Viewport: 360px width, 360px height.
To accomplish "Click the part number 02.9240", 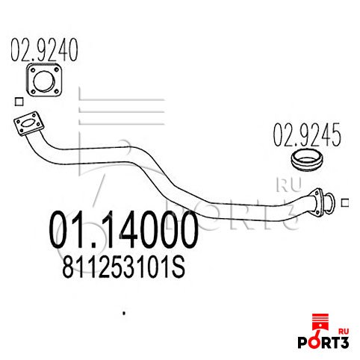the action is click(x=44, y=50).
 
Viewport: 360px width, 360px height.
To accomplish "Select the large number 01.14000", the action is click(x=124, y=229).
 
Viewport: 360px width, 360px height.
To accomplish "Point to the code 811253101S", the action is click(x=123, y=267).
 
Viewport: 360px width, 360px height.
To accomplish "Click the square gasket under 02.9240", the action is click(x=44, y=80).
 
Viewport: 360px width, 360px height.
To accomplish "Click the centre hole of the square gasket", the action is click(x=44, y=80).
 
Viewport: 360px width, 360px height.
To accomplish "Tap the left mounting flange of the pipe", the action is click(x=29, y=123).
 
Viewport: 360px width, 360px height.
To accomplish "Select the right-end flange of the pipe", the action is click(x=317, y=202).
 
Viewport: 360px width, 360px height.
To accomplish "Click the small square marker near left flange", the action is click(x=19, y=102).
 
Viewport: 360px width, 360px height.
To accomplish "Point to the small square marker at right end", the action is click(x=345, y=203).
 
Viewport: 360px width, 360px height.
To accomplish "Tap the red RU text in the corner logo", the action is click(x=344, y=331).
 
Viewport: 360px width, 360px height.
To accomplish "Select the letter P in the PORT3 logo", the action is click(x=303, y=342).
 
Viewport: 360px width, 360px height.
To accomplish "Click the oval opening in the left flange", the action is click(x=29, y=123).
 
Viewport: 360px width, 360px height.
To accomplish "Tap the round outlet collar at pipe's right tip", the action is click(x=329, y=203).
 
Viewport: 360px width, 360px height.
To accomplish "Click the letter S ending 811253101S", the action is click(x=179, y=267).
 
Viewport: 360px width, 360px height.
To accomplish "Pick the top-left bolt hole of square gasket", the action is click(x=33, y=70).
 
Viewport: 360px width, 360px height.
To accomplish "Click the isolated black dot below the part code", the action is click(x=124, y=313).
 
